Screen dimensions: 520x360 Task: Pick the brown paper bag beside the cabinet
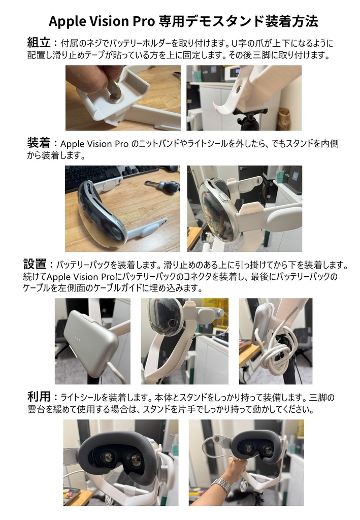point(284,120)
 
